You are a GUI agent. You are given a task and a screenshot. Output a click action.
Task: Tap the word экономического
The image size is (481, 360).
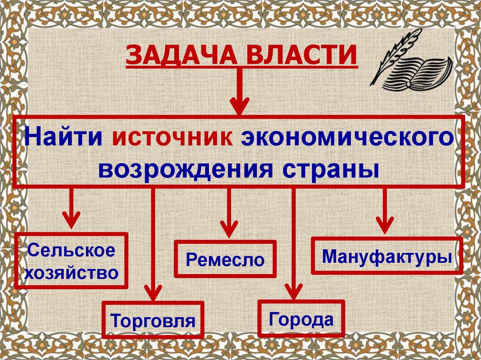[348, 137]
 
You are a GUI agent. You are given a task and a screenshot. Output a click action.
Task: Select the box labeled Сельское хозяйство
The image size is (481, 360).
[71, 260]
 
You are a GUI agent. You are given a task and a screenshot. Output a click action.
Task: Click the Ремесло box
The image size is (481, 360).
[225, 259]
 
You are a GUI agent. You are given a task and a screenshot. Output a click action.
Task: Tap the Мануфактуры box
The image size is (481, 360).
[387, 256]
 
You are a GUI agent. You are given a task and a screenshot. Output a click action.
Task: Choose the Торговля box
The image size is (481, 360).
[153, 320]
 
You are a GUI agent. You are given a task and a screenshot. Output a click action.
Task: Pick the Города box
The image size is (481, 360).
[301, 319]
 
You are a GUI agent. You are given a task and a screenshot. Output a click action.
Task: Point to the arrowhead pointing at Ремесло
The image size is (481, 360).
[229, 229]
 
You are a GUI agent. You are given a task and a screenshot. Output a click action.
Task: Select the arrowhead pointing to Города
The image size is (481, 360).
[293, 292]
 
